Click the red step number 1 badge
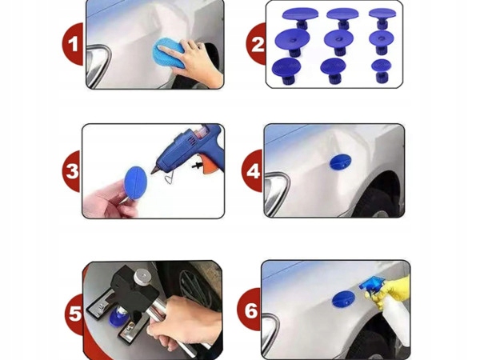coord(73,44)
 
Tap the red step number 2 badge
coord(257,44)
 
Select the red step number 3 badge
coord(72,171)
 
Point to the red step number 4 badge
coord(253,171)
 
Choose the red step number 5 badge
coord(74,314)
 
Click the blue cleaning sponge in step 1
coord(168,53)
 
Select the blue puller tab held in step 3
coord(135,182)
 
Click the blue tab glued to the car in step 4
coord(341,162)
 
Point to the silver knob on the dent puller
coord(141,277)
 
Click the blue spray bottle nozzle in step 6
coord(371,284)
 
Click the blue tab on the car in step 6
coord(343,298)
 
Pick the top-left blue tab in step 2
coord(300,18)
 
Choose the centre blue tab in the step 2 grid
coord(339,42)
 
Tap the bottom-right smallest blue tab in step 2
coord(382,70)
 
